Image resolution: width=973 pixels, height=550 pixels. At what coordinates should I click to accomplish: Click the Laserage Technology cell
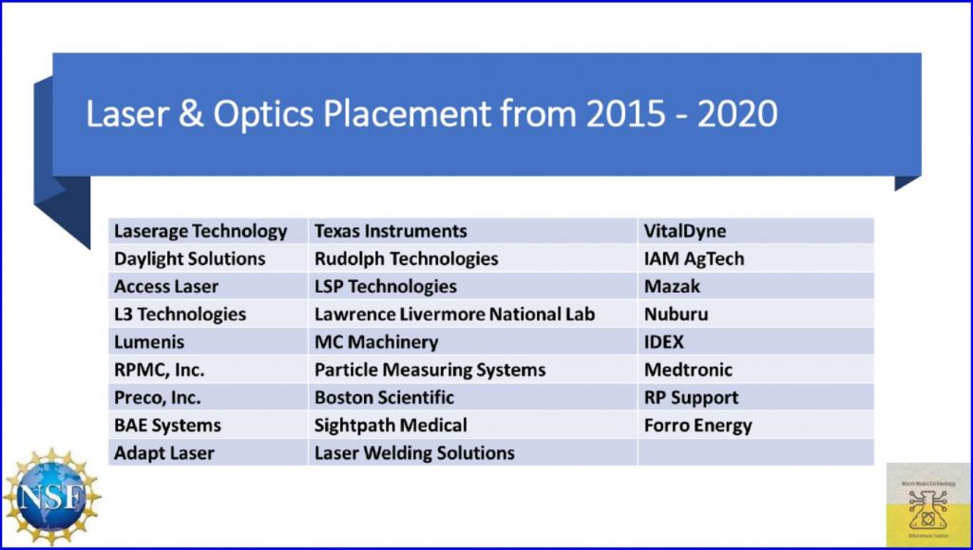pos(200,231)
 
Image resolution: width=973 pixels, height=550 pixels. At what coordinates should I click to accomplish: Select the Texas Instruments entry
pos(391,231)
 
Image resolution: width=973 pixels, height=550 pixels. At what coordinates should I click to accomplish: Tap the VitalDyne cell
pos(685,231)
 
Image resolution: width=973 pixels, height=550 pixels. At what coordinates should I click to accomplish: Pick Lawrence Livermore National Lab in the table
pos(454,314)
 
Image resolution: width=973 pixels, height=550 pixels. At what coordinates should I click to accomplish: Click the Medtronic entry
pos(688,370)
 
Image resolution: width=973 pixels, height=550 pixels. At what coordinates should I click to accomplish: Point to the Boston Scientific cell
pos(384,398)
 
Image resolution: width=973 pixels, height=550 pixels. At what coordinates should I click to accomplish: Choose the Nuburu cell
pos(676,314)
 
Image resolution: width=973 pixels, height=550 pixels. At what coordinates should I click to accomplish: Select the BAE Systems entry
pos(167,426)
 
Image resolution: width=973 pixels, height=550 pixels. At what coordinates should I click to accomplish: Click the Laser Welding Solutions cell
pos(414,453)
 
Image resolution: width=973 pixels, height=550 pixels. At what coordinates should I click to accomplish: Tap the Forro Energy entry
pos(697,426)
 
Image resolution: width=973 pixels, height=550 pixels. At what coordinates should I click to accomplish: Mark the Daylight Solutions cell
pos(190,258)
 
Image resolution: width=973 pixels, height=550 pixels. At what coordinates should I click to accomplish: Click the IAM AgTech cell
pos(694,258)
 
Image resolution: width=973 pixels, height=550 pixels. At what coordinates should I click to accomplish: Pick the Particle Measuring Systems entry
pos(429,370)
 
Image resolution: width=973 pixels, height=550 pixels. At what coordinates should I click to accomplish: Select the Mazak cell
pos(672,286)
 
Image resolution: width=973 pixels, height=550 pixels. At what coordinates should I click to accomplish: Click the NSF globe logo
pos(51,495)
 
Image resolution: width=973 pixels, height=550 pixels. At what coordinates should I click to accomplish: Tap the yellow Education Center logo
pos(928,504)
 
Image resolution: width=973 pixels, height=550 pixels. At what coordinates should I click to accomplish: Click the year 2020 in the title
pos(737,114)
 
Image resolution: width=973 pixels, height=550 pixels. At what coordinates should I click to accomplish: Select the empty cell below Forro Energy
pos(755,453)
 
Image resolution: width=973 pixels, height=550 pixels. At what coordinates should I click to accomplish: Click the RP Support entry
pos(691,398)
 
